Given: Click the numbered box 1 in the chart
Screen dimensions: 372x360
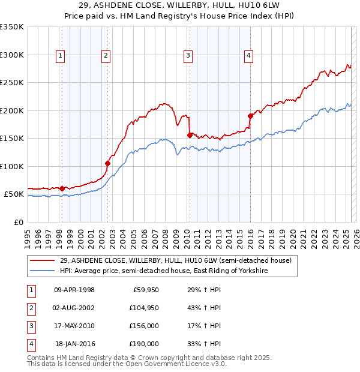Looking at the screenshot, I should (61, 56).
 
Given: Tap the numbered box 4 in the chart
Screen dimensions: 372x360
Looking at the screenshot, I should (248, 56).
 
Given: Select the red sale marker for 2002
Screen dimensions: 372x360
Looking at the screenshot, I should (107, 163).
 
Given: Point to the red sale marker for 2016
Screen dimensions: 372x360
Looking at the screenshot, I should (250, 116).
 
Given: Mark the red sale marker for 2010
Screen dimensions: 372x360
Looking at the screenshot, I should (190, 135).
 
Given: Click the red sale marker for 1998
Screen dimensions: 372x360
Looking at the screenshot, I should (62, 188).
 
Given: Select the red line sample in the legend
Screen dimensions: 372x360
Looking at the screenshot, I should (43, 260).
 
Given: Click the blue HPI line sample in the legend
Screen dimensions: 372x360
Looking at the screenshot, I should (43, 271).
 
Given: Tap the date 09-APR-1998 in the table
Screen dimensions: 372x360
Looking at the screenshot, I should (74, 290).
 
